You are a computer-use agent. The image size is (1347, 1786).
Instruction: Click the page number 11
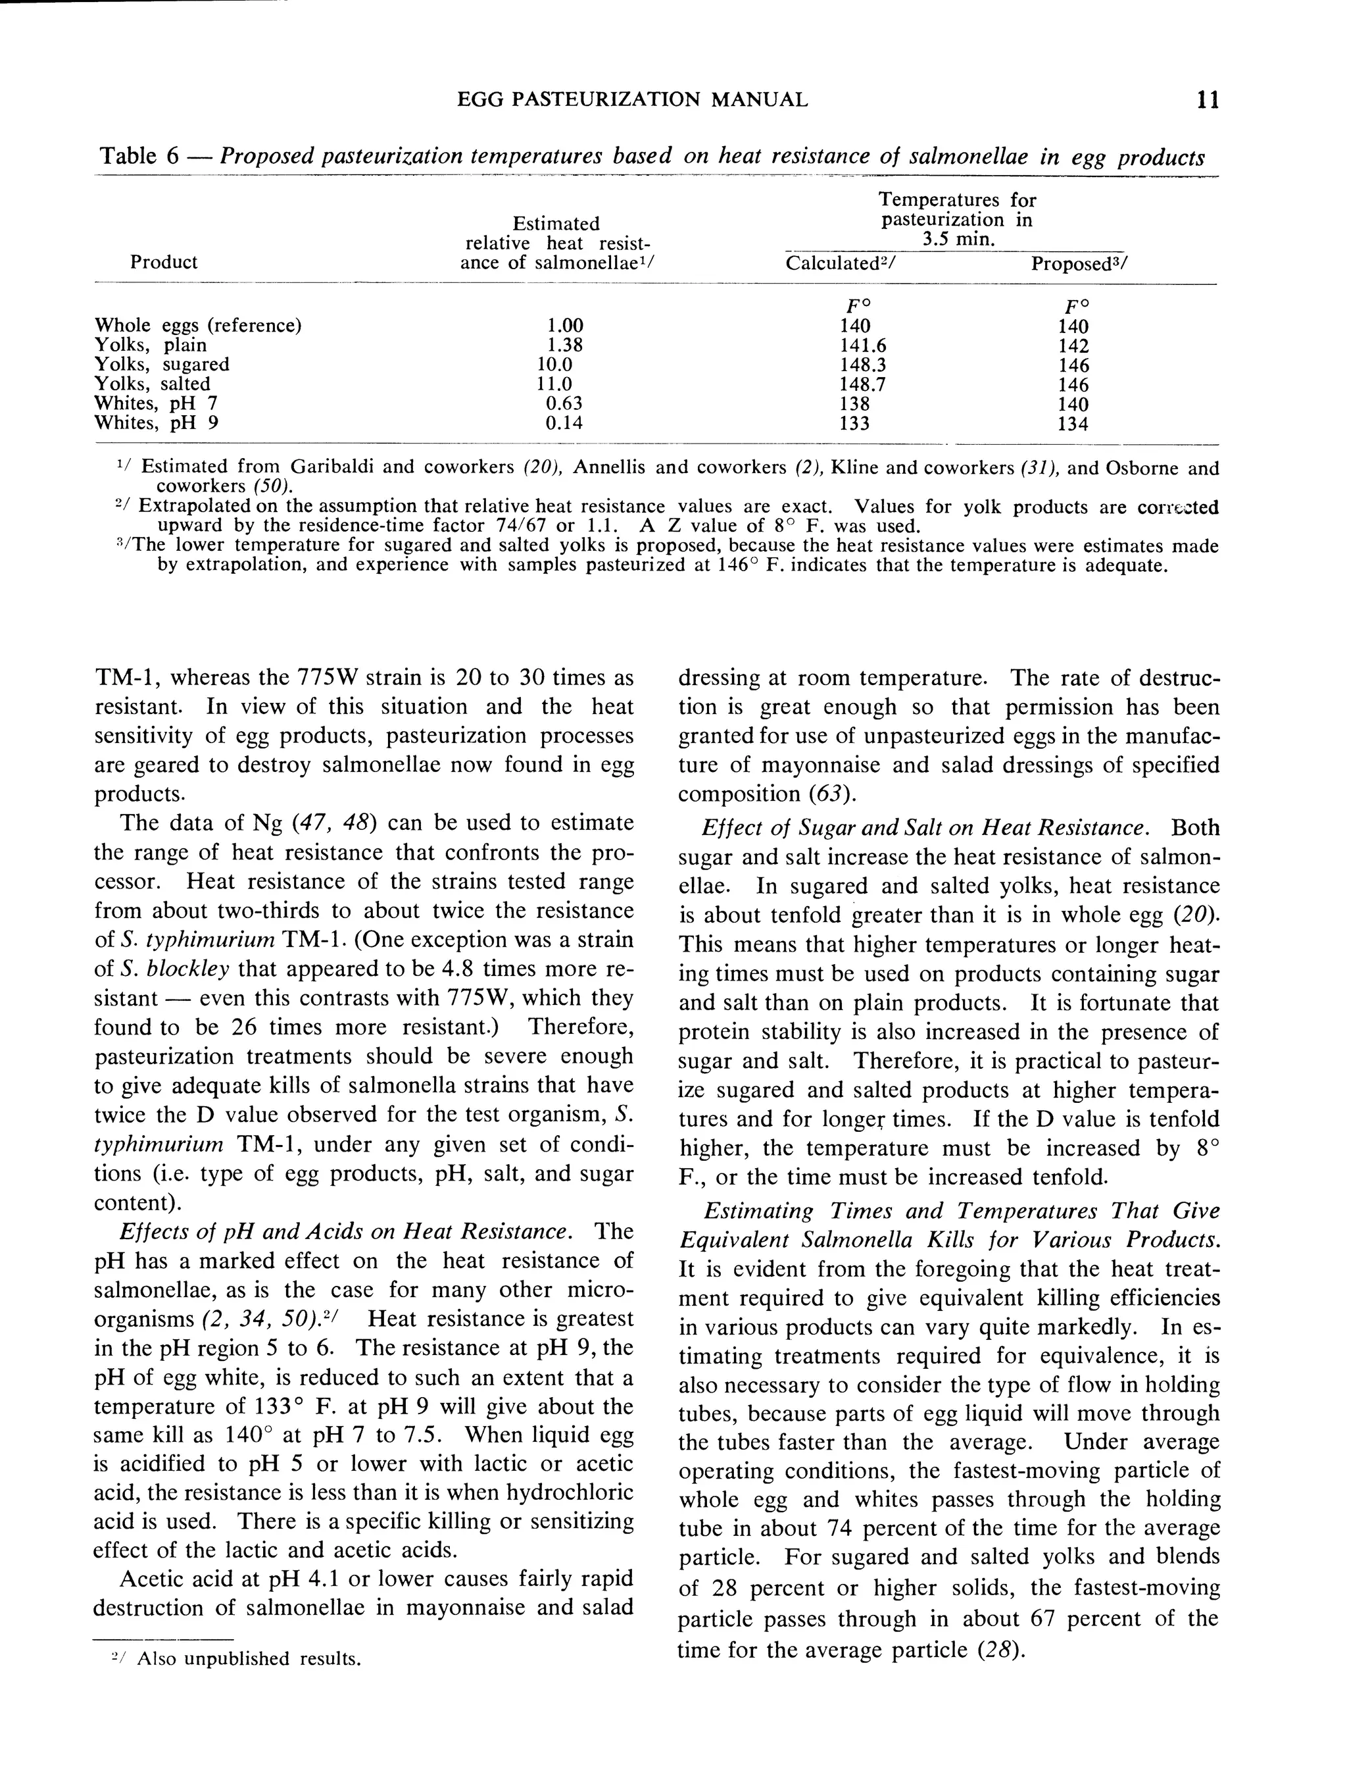pos(1208,100)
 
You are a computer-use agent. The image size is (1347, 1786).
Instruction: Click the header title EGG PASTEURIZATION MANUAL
pos(632,100)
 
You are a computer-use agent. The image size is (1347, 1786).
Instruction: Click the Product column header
pos(164,262)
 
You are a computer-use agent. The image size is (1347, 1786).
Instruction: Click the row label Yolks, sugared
pos(162,364)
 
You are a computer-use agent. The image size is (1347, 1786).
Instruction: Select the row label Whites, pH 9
pos(157,422)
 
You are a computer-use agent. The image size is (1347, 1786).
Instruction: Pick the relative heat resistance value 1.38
pos(564,345)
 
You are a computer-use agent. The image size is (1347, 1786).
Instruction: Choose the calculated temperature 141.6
pos(863,345)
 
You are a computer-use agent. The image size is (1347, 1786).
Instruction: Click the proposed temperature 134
pos(1073,424)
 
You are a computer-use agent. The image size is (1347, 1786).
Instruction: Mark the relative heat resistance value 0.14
pos(564,422)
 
